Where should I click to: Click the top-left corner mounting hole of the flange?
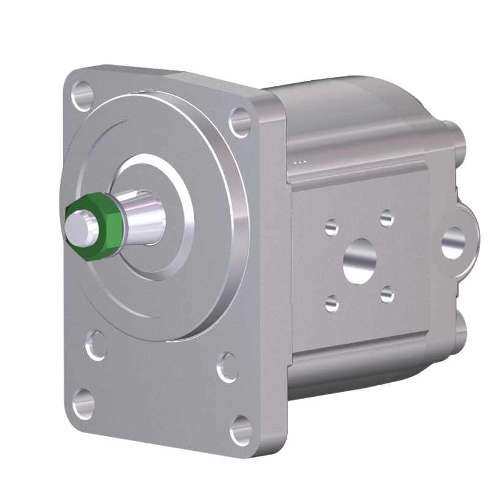coord(81,96)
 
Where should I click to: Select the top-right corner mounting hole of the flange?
coord(239,123)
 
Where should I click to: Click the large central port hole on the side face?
coord(358,260)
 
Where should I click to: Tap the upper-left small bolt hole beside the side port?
coord(331,228)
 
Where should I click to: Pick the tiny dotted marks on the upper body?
coord(300,162)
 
